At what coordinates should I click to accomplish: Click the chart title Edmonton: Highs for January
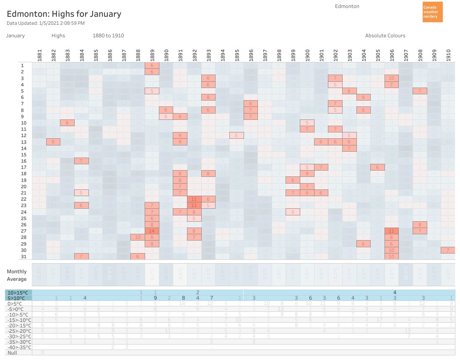point(64,14)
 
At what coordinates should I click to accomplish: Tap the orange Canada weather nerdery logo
point(432,12)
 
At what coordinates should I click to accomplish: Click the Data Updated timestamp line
point(46,23)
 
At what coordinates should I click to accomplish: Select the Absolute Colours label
point(385,36)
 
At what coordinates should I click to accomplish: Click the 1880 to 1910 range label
point(108,36)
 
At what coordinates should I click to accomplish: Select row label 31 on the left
point(23,256)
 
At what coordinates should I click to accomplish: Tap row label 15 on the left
point(23,155)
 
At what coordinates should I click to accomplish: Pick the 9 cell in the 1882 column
point(53,142)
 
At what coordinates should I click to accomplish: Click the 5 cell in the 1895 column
point(237,135)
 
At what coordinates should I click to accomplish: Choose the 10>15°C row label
point(18,292)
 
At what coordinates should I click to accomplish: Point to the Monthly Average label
point(17,275)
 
